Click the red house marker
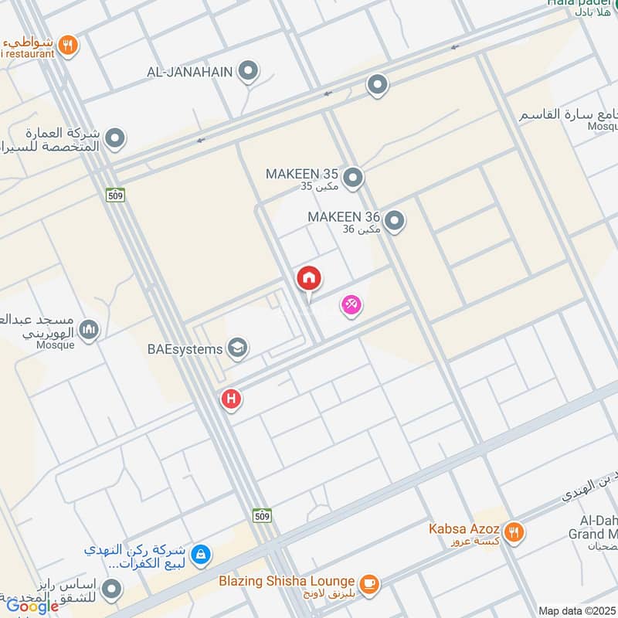coord(309,279)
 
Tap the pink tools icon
coord(351,306)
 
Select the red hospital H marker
coord(230,399)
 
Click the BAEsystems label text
coord(185,349)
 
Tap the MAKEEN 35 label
coord(301,174)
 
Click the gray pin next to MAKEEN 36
coord(395,222)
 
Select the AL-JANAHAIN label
coord(189,73)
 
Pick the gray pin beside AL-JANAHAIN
coord(248,73)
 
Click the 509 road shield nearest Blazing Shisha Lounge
coord(261,514)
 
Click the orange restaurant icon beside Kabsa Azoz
coord(514,531)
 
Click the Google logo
coord(32,606)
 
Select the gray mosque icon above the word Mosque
coord(90,330)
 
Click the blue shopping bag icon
coord(201,554)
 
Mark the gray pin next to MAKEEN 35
coord(353,179)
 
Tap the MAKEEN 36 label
coord(343,217)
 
